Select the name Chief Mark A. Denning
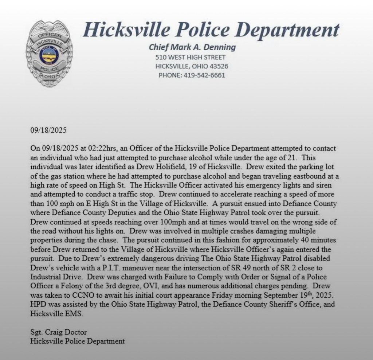[192, 47]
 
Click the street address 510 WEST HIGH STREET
[190, 57]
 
